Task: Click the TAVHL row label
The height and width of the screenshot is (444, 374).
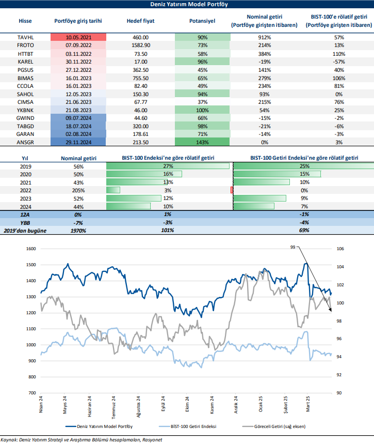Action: pos(25,38)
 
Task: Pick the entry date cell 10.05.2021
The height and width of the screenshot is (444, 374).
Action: pos(78,38)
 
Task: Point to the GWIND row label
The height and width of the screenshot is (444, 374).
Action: pos(25,118)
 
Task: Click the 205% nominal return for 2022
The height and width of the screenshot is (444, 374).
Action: pos(78,190)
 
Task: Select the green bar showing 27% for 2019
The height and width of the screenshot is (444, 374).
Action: pos(168,166)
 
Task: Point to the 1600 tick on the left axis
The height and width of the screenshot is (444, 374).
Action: pos(30,249)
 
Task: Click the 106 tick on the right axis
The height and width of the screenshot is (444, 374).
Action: pos(339,249)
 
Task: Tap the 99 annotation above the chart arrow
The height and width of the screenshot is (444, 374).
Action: pos(293,248)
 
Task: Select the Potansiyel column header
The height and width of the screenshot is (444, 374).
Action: pos(201,21)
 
